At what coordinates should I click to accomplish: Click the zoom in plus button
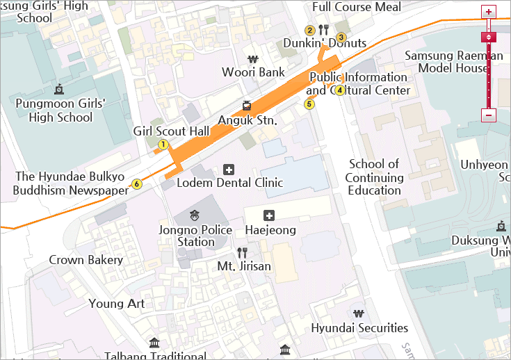point(489,12)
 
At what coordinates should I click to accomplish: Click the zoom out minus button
point(489,115)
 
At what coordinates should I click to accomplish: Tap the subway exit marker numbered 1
point(163,145)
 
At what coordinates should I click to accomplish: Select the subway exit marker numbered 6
point(136,184)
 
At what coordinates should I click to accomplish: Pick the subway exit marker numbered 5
point(309,104)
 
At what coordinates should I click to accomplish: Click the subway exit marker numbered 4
point(340,90)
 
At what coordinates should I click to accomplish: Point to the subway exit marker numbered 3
point(341,38)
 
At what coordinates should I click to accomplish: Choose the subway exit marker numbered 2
point(310,30)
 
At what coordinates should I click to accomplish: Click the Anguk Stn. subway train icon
point(247,106)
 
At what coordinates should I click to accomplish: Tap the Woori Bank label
point(253,72)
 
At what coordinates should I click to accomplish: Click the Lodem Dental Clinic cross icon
point(229,169)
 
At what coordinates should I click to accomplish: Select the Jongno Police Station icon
point(195,214)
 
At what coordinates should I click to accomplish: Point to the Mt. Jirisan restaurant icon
point(242,252)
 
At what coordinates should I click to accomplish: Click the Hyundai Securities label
point(359,328)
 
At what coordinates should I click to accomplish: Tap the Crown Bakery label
point(86,261)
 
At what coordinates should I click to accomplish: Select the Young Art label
point(117,304)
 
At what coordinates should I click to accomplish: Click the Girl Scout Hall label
point(171,131)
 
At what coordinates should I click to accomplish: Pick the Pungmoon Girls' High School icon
point(59,89)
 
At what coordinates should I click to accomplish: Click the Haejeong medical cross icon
point(270,215)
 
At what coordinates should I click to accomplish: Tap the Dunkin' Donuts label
point(325,44)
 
